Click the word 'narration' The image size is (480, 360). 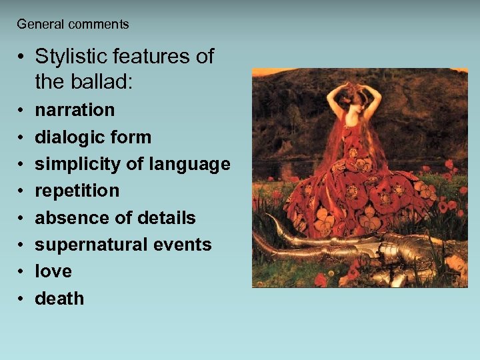[x=75, y=110]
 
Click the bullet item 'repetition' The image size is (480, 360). [x=77, y=191]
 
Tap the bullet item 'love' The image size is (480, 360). [x=53, y=271]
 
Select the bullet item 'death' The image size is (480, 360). [x=59, y=298]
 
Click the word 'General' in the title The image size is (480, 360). [x=40, y=25]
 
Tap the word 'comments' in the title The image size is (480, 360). [x=98, y=25]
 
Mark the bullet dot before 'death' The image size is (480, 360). [x=21, y=299]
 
